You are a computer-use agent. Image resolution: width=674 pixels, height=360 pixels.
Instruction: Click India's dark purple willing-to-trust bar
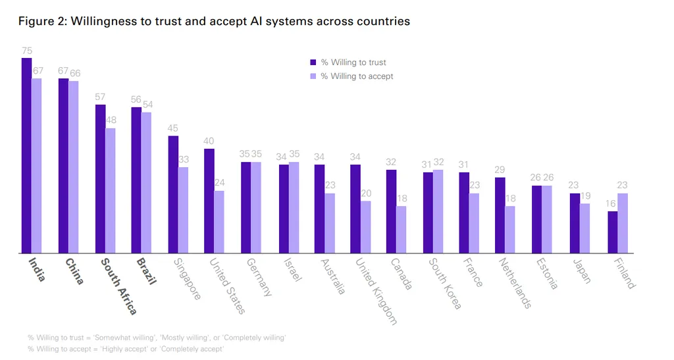point(26,155)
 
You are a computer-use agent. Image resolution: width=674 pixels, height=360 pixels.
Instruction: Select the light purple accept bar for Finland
point(623,223)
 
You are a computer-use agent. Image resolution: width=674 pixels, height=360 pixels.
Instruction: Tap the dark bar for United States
point(209,201)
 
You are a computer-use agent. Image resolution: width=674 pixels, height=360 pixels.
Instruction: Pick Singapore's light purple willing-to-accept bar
point(183,210)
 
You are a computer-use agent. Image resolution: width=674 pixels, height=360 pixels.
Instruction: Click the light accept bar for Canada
point(402,230)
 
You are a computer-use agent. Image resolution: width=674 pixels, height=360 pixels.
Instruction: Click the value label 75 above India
point(26,51)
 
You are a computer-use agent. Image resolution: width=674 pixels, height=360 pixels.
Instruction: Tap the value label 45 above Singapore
point(172,128)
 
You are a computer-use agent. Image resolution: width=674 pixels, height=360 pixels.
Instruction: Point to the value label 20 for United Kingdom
point(365,193)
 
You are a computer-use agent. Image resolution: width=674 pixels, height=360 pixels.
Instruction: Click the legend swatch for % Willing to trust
point(313,63)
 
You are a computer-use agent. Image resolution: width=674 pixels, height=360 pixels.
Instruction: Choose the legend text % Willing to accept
point(357,76)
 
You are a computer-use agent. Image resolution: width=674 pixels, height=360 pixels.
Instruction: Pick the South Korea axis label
point(445,283)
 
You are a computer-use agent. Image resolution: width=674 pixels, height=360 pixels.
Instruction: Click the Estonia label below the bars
point(546,274)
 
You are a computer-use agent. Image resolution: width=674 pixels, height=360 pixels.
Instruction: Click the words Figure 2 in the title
point(41,21)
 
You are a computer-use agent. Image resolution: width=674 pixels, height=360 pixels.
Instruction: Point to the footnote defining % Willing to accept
point(125,349)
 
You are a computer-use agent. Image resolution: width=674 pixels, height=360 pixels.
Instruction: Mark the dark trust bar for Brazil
point(136,180)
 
